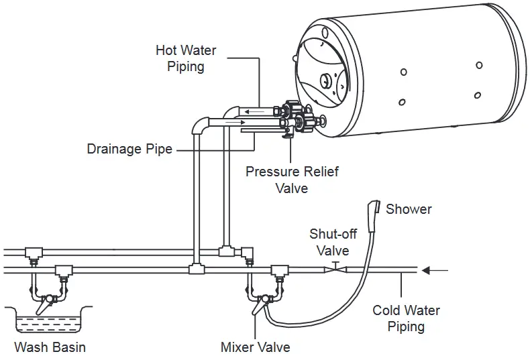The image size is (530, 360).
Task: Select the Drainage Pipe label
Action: pyautogui.click(x=129, y=149)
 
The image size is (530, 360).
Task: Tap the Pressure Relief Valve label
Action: pyautogui.click(x=292, y=180)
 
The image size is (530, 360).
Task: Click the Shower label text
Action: pyautogui.click(x=409, y=209)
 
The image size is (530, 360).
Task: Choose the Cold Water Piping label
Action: pyautogui.click(x=406, y=318)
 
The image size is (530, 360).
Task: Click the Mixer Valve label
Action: pyautogui.click(x=255, y=347)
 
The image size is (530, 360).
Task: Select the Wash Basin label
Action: pyautogui.click(x=50, y=347)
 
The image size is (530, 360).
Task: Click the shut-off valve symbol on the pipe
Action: pyautogui.click(x=334, y=269)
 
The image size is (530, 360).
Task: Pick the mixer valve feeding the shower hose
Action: pyautogui.click(x=261, y=301)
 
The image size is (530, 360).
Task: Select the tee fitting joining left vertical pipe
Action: pyautogui.click(x=196, y=270)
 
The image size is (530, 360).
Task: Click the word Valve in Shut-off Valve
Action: pyautogui.click(x=333, y=251)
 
